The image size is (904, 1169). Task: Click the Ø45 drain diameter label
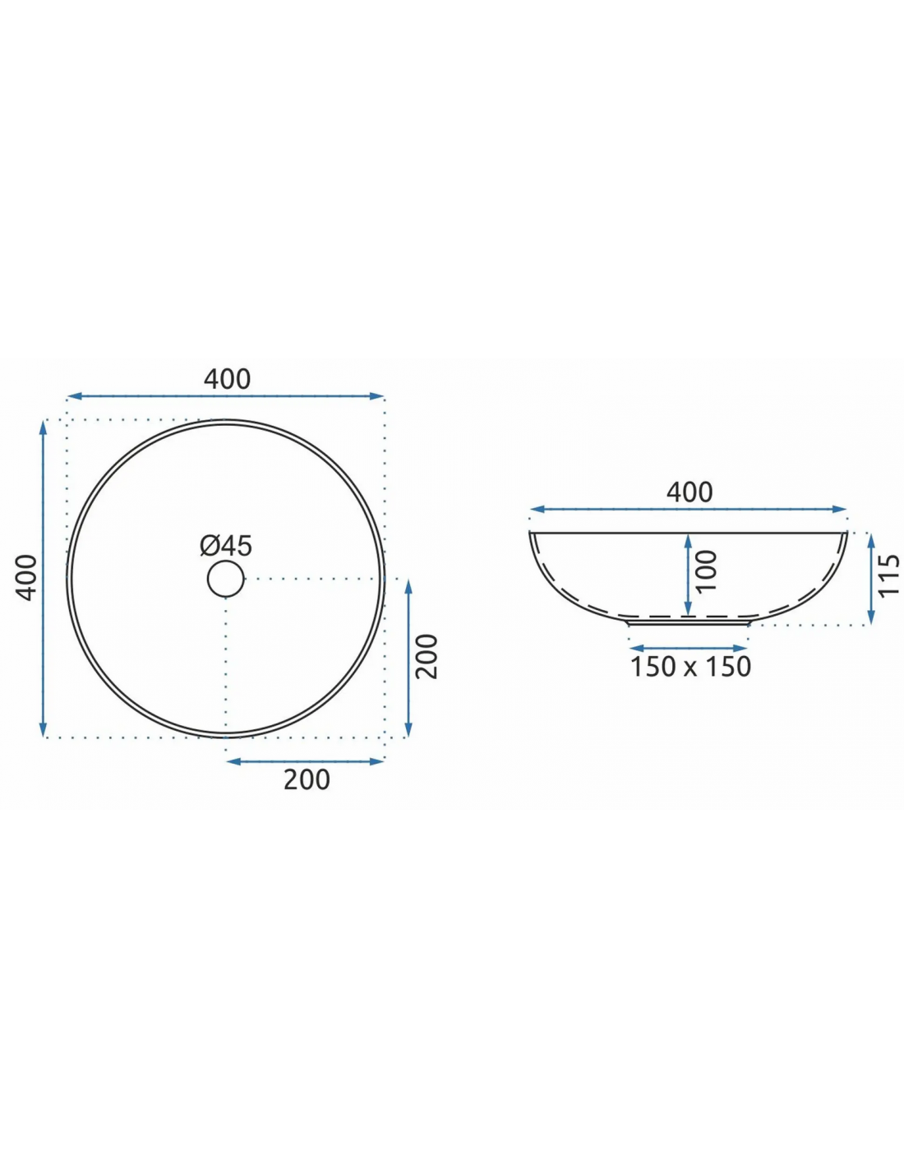[x=225, y=546]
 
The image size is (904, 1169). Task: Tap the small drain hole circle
[x=226, y=579]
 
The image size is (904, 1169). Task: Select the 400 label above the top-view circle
[x=227, y=379]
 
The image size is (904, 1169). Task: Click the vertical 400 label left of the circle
[x=26, y=578]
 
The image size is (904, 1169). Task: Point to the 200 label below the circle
[x=307, y=779]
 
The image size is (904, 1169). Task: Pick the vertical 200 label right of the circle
[x=427, y=657]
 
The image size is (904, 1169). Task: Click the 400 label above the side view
[x=690, y=492]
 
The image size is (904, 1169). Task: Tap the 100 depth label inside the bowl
[x=707, y=571]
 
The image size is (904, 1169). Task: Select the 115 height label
[x=889, y=575]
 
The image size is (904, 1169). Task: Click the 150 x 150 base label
[x=690, y=667]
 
